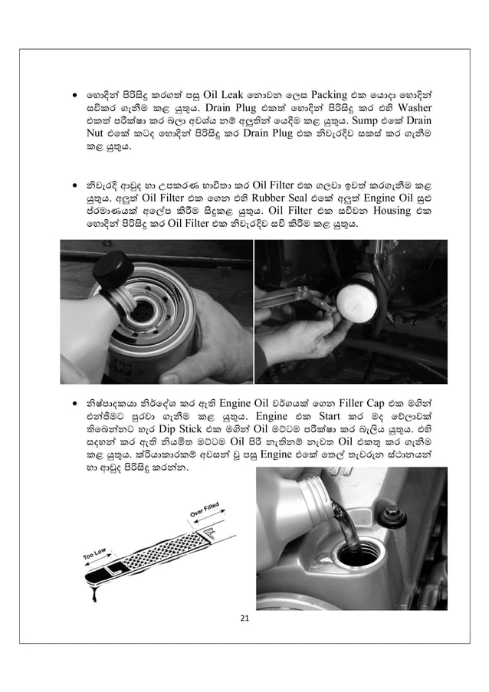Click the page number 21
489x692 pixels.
(244, 618)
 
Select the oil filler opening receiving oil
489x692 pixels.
(357, 554)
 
